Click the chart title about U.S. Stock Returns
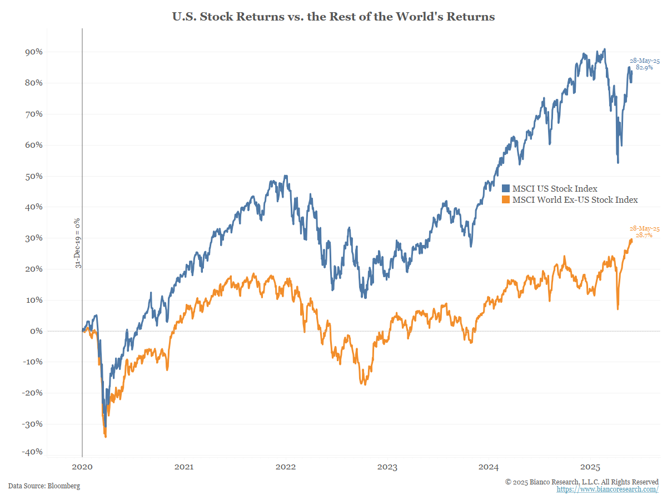pos(333,17)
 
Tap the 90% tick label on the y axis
pos(33,52)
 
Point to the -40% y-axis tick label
pos(32,452)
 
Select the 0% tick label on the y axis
pos(36,331)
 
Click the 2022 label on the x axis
pos(286,468)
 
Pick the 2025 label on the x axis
pos(590,468)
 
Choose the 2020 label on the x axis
pos(82,468)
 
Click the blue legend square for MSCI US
pos(506,189)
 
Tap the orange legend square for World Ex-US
pos(506,199)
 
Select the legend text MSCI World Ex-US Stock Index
pos(575,199)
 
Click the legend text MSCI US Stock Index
pos(555,189)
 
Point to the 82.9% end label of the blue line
pos(644,67)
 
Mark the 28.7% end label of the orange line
pos(644,236)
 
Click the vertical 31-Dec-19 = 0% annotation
pos(78,243)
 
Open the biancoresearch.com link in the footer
pos(608,489)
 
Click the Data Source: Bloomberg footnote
pos(44,486)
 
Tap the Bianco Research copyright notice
pos(582,482)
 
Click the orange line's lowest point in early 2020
pos(106,437)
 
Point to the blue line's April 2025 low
pos(618,162)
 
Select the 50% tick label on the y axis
pos(33,176)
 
